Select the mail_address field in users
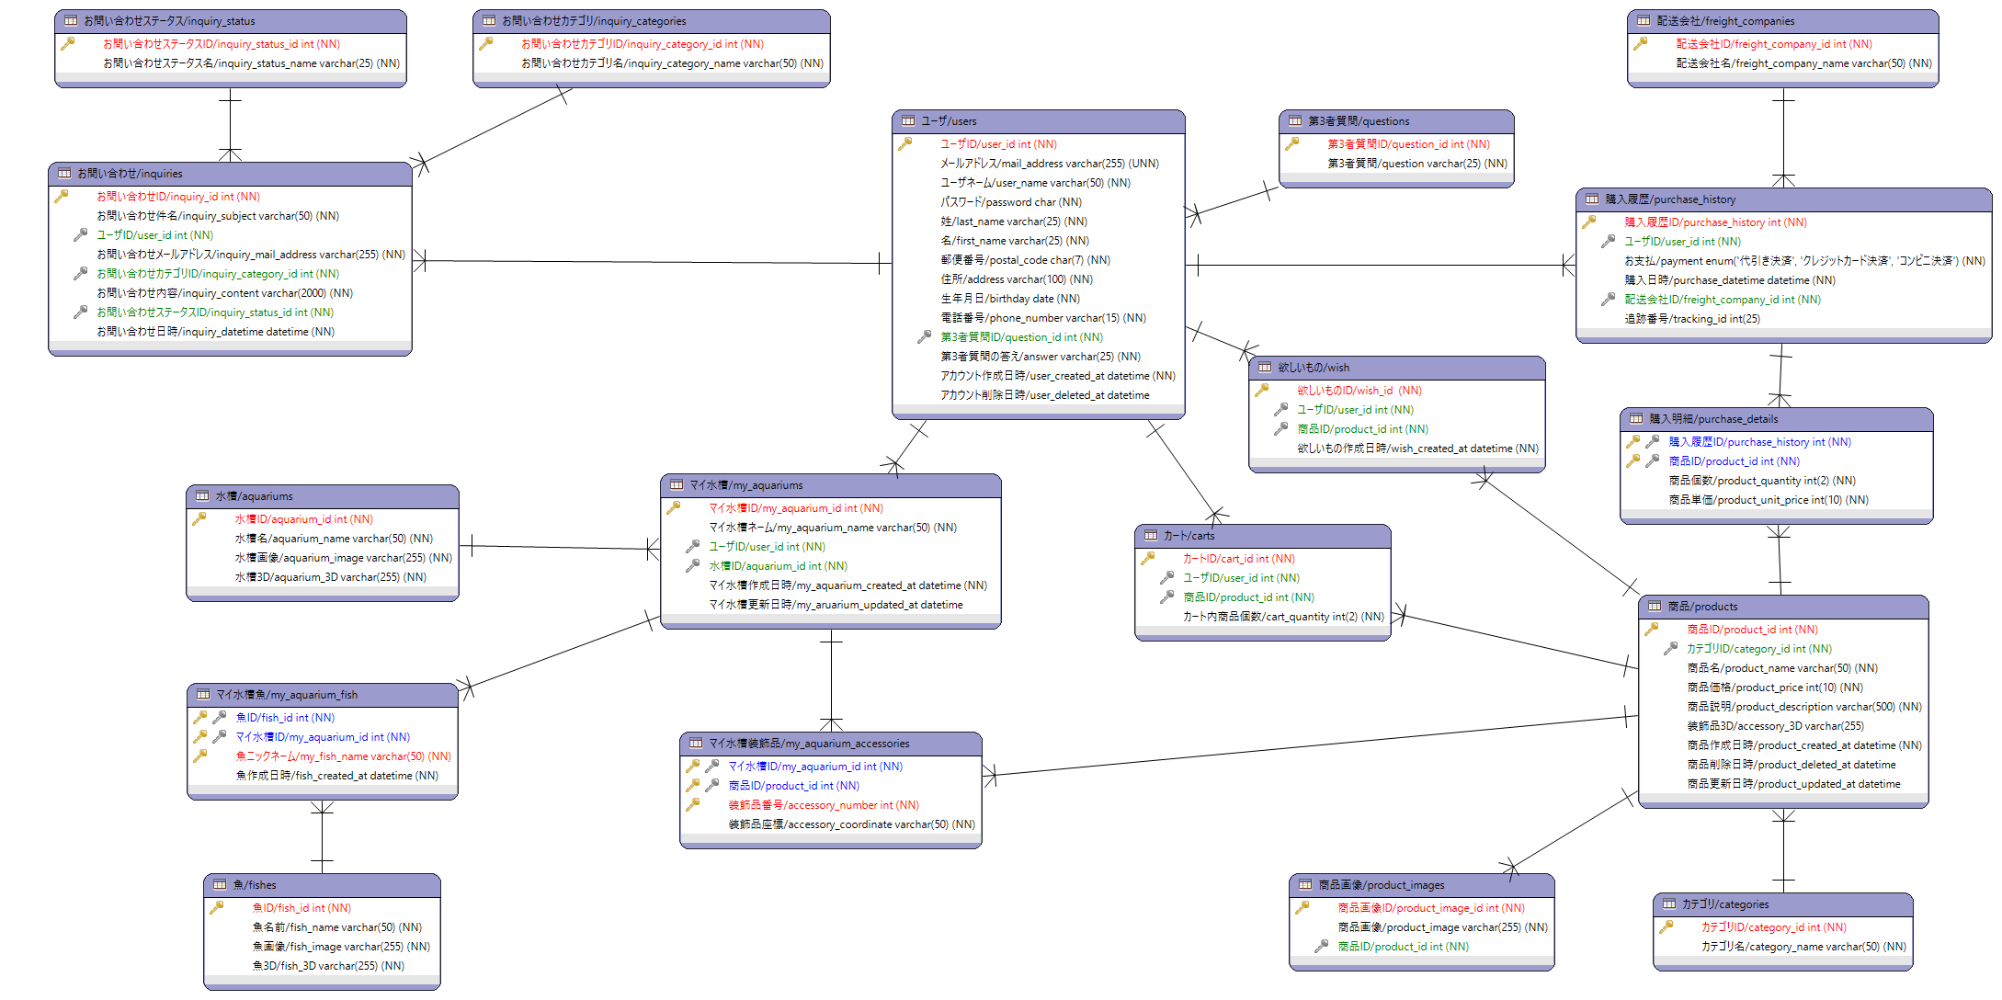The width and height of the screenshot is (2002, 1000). coord(1049,164)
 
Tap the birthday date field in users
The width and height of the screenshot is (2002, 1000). coord(1009,299)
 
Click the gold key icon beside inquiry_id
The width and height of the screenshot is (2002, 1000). coord(62,196)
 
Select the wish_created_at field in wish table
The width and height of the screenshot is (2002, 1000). coord(1417,449)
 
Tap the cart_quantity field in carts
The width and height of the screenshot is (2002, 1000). coord(1282,617)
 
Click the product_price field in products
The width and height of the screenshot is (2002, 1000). coord(1774,687)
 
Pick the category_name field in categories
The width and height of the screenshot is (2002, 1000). coord(1803,947)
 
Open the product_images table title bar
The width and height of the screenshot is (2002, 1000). coord(1420,885)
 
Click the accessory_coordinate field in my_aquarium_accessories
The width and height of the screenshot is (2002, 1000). coord(851,824)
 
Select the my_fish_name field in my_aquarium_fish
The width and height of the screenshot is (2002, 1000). coord(343,756)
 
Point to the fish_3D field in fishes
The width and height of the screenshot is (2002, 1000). coord(328,966)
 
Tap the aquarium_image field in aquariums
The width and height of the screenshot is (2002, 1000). coord(343,558)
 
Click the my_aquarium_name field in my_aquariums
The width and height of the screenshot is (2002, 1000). coord(832,528)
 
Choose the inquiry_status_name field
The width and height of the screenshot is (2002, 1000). coord(251,63)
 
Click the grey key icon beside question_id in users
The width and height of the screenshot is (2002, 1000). coord(924,337)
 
